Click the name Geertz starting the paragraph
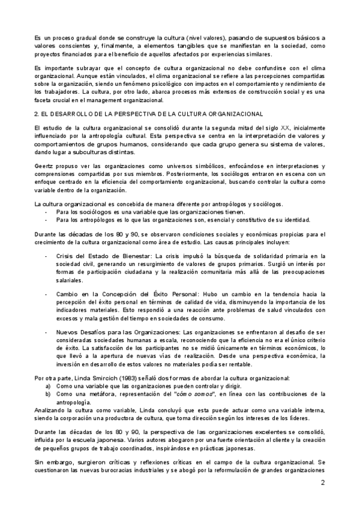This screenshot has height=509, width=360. click(x=44, y=165)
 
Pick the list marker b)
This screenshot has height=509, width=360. click(x=48, y=394)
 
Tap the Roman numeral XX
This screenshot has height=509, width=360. click(x=260, y=128)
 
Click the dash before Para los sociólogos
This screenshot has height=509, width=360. click(x=47, y=212)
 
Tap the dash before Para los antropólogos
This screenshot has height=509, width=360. click(x=47, y=220)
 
